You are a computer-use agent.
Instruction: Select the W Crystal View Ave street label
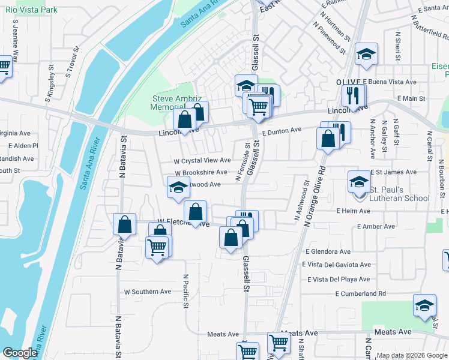click(202, 161)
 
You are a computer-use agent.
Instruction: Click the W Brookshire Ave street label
click(200, 172)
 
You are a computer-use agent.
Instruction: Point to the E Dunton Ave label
click(281, 130)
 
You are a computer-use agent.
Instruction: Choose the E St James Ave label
click(393, 172)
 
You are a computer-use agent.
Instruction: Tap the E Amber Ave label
click(376, 227)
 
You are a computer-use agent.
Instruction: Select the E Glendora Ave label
click(328, 252)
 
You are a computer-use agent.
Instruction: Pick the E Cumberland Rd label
click(360, 294)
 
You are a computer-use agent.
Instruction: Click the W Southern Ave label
click(148, 292)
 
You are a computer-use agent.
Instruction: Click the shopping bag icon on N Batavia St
click(124, 225)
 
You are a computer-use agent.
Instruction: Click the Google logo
click(20, 353)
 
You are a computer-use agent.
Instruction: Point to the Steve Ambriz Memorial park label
click(172, 103)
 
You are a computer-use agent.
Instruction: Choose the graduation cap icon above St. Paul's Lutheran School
click(359, 181)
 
